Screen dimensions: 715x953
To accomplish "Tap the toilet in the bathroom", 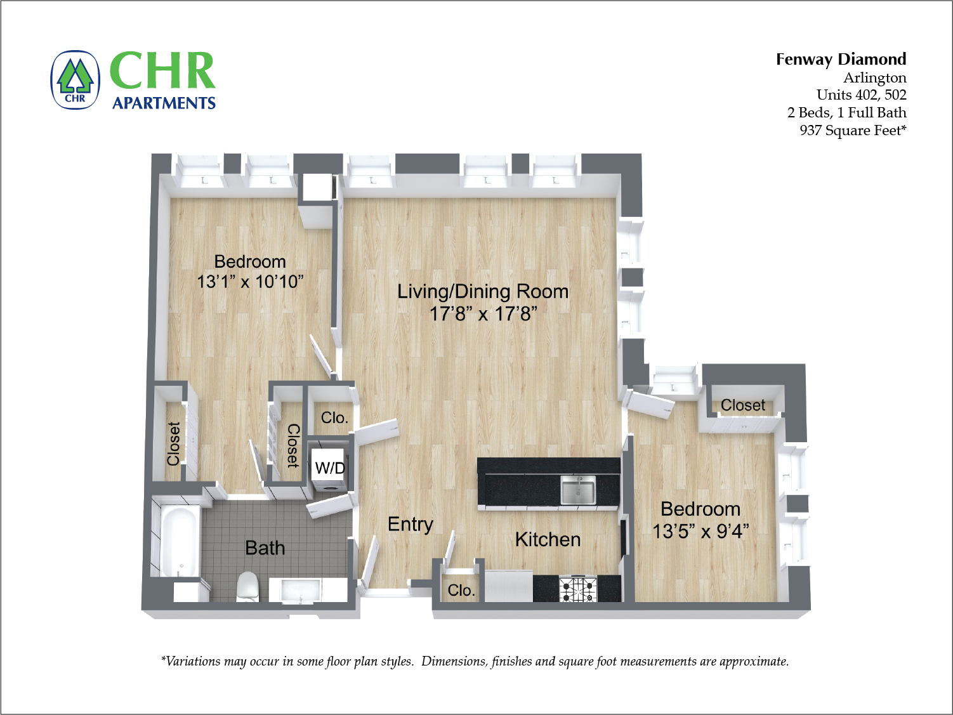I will point(247,587).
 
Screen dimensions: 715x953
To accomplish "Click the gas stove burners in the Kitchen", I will point(577,589).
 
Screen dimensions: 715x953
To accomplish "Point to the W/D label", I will point(330,468).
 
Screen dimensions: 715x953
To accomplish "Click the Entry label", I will point(411,524).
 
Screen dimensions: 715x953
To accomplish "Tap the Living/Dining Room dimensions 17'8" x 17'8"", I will point(483,313).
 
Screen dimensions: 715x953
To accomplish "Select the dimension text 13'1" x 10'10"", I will point(250,281).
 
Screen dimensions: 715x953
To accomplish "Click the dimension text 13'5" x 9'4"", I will point(700,531).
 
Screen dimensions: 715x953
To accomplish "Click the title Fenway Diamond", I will point(841,59).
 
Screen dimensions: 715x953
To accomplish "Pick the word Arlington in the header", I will point(874,77).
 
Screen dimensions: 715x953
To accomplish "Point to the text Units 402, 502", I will point(861,95).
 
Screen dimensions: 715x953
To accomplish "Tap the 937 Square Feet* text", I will point(853,130).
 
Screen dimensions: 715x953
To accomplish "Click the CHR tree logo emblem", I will point(76,80).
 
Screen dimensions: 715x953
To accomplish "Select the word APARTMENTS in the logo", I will point(164,103).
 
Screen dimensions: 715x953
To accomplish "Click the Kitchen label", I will point(548,539).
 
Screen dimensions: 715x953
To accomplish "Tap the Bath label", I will point(265,548).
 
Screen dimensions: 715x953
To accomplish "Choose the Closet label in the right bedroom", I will point(742,405).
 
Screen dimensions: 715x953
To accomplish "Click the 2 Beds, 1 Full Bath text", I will point(846,112).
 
